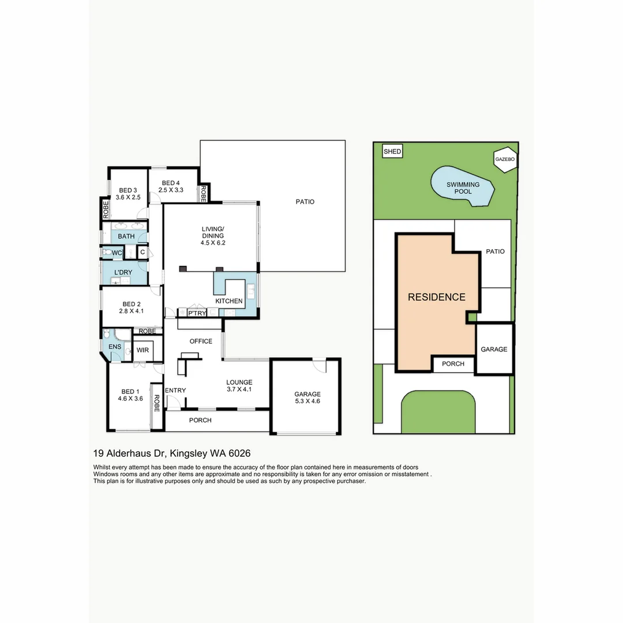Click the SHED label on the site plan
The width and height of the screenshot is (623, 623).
392,151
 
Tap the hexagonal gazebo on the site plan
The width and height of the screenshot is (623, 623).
505,159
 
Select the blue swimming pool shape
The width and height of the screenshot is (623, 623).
463,186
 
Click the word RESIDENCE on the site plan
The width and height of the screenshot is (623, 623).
436,297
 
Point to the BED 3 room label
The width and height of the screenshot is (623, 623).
128,190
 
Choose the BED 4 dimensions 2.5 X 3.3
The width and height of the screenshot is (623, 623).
171,190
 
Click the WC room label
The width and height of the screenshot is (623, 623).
117,253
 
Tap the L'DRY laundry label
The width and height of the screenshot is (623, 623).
123,272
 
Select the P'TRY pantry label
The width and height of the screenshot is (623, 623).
197,313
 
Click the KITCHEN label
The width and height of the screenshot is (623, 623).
229,301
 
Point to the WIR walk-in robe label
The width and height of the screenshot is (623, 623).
142,350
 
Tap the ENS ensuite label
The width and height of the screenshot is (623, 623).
115,347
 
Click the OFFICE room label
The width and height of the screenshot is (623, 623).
201,341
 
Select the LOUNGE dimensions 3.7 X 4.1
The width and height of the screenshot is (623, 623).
239,389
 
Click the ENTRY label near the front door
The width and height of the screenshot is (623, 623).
175,391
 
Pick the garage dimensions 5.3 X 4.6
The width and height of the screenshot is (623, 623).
307,401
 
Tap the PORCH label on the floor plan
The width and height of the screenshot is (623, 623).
200,421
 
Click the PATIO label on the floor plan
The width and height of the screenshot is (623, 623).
305,202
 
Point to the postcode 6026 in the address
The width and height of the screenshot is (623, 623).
240,453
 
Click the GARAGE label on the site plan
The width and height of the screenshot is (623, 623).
494,349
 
